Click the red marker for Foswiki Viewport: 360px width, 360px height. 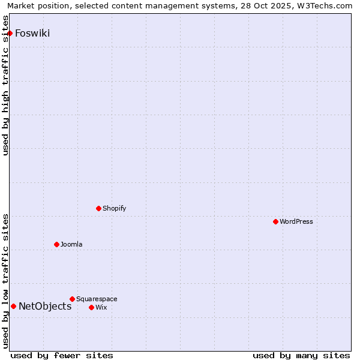tap(10, 33)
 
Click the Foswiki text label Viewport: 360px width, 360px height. tap(32, 33)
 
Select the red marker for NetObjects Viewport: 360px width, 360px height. tap(13, 306)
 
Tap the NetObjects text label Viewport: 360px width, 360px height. tap(45, 306)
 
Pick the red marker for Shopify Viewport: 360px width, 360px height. tap(98, 208)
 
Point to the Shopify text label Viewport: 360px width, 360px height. tap(114, 208)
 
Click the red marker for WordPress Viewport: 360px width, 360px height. tap(275, 221)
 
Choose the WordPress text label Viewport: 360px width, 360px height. tap(296, 221)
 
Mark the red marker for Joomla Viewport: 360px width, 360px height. tap(56, 244)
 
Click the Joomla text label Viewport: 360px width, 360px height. tap(71, 244)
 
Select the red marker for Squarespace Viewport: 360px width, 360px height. tap(72, 299)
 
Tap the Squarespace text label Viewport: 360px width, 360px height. tap(97, 299)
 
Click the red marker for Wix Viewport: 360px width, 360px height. tap(91, 307)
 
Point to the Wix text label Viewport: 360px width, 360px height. tap(101, 307)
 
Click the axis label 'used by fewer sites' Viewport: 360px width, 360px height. tap(62, 355)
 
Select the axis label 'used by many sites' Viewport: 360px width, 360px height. tap(301, 355)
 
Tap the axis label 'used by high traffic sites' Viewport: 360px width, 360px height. tap(6, 85)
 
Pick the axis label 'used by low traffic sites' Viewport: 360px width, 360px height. tap(6, 280)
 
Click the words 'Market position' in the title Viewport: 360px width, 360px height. tap(35, 6)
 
